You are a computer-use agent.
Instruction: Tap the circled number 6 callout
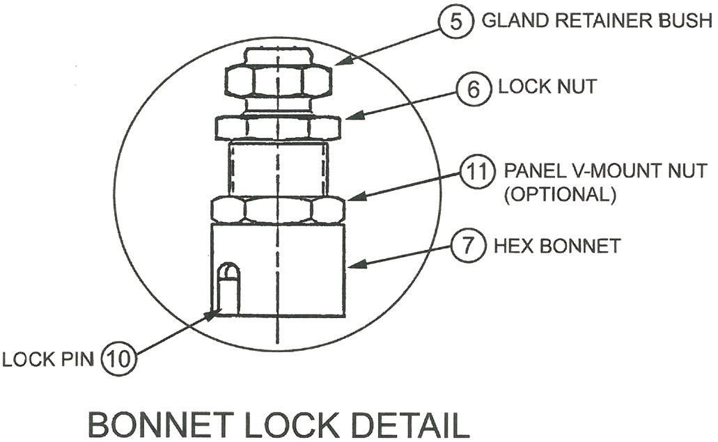pos(473,88)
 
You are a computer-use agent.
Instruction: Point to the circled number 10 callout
pos(118,360)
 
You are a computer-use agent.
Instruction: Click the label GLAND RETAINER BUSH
pos(597,20)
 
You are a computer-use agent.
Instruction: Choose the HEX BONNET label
pos(556,246)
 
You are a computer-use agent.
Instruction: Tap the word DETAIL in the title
pos(407,424)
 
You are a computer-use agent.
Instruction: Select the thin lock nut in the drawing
pos(278,127)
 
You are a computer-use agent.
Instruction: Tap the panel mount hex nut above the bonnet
pos(278,209)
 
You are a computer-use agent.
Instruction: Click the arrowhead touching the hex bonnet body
pos(352,264)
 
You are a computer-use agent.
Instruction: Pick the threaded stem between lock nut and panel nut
pos(278,167)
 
